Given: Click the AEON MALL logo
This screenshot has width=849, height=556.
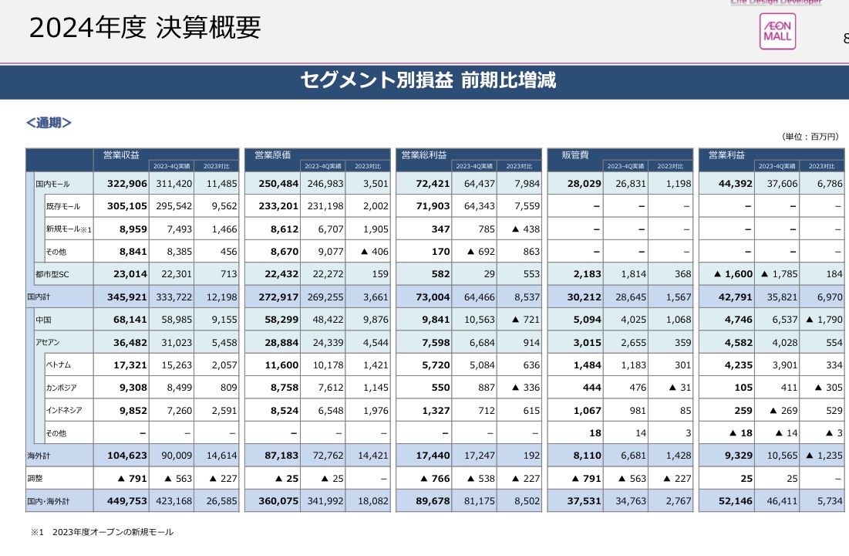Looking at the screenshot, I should [777, 32].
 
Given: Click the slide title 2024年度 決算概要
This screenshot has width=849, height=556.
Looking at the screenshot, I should [145, 28].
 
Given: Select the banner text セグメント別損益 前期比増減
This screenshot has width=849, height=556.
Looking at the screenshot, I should [428, 80].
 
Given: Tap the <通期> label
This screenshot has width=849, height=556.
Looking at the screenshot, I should [49, 123].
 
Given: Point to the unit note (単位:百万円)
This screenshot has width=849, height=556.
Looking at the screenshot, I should [809, 137].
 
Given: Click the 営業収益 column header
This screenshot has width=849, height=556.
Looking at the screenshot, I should [121, 155].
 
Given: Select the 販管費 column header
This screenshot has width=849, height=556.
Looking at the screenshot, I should [575, 155].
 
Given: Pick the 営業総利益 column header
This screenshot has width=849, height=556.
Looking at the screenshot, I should [424, 155].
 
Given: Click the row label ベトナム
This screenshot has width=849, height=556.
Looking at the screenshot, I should [59, 364].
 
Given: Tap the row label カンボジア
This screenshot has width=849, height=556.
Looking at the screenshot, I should [62, 388].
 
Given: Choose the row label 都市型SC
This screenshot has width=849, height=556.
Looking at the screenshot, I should [52, 273].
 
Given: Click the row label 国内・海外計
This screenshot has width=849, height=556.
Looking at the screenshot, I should [49, 501].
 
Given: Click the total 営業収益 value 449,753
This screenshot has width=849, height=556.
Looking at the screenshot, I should [122, 501].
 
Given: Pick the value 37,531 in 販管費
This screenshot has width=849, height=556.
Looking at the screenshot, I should [578, 501].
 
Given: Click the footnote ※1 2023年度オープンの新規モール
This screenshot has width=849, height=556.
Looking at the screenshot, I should [102, 532].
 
